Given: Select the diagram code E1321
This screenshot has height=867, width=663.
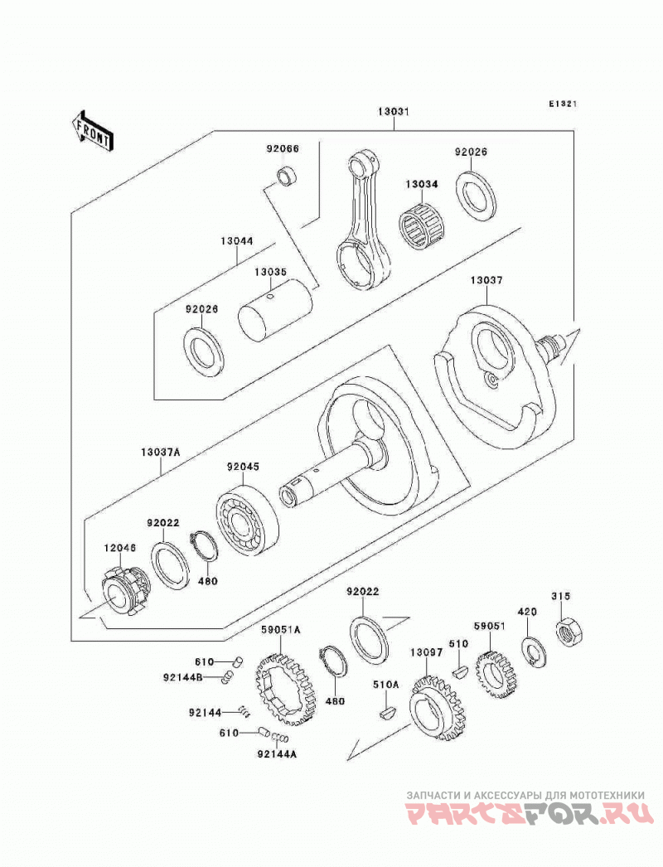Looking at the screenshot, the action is click(563, 104).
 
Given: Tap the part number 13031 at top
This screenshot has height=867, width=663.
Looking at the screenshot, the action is click(393, 111).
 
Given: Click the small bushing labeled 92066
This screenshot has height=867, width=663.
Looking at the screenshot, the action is click(287, 175).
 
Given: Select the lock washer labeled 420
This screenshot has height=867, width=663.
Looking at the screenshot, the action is click(534, 653).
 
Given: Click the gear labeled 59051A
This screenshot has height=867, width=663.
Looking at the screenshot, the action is click(287, 689).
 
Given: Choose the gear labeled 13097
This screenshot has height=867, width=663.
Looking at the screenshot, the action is click(437, 709).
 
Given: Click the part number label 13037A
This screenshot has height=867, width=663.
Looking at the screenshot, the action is click(161, 451).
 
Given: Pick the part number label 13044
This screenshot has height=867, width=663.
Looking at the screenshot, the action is click(237, 241).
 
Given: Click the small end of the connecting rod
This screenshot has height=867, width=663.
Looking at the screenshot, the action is click(364, 166).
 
